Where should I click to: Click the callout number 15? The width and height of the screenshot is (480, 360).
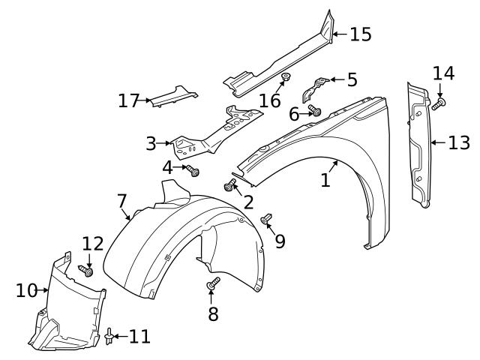pyautogui.click(x=361, y=34)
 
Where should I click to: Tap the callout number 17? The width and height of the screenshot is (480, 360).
pyautogui.click(x=130, y=100)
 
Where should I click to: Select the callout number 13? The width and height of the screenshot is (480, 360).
pyautogui.click(x=458, y=142)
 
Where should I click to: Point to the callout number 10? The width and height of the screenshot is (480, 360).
pyautogui.click(x=26, y=289)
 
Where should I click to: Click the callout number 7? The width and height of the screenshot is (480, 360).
pyautogui.click(x=121, y=200)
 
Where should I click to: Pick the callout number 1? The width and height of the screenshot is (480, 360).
pyautogui.click(x=325, y=180)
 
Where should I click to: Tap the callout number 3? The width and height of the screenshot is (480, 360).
pyautogui.click(x=151, y=142)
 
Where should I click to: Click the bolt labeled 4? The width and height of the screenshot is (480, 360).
pyautogui.click(x=193, y=171)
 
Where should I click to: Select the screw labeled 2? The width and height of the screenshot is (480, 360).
pyautogui.click(x=229, y=185)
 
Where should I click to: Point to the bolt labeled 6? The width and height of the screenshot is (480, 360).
pyautogui.click(x=315, y=112)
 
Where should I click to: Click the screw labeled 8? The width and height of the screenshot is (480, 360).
pyautogui.click(x=213, y=283)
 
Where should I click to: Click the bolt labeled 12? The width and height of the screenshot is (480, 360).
pyautogui.click(x=85, y=271)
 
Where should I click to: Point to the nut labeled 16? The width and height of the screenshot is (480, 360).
pyautogui.click(x=286, y=78)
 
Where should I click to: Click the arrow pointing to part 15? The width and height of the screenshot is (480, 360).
pyautogui.click(x=340, y=34)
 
